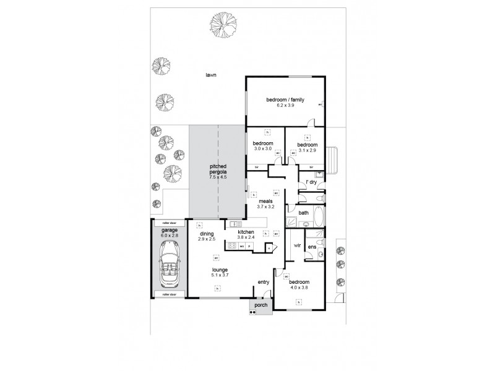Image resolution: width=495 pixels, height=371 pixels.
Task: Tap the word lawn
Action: (212, 75)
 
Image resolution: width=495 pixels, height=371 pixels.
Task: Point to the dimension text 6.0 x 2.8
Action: (168, 235)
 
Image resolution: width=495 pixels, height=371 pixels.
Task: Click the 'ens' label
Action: (312, 247)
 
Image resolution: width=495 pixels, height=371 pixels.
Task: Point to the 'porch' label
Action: (260, 304)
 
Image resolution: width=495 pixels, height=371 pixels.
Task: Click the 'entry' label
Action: (263, 283)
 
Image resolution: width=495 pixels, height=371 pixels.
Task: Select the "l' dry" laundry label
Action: (311, 182)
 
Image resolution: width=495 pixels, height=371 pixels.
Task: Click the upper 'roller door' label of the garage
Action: (168, 222)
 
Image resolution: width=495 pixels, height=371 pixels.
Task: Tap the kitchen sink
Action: (235, 224)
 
